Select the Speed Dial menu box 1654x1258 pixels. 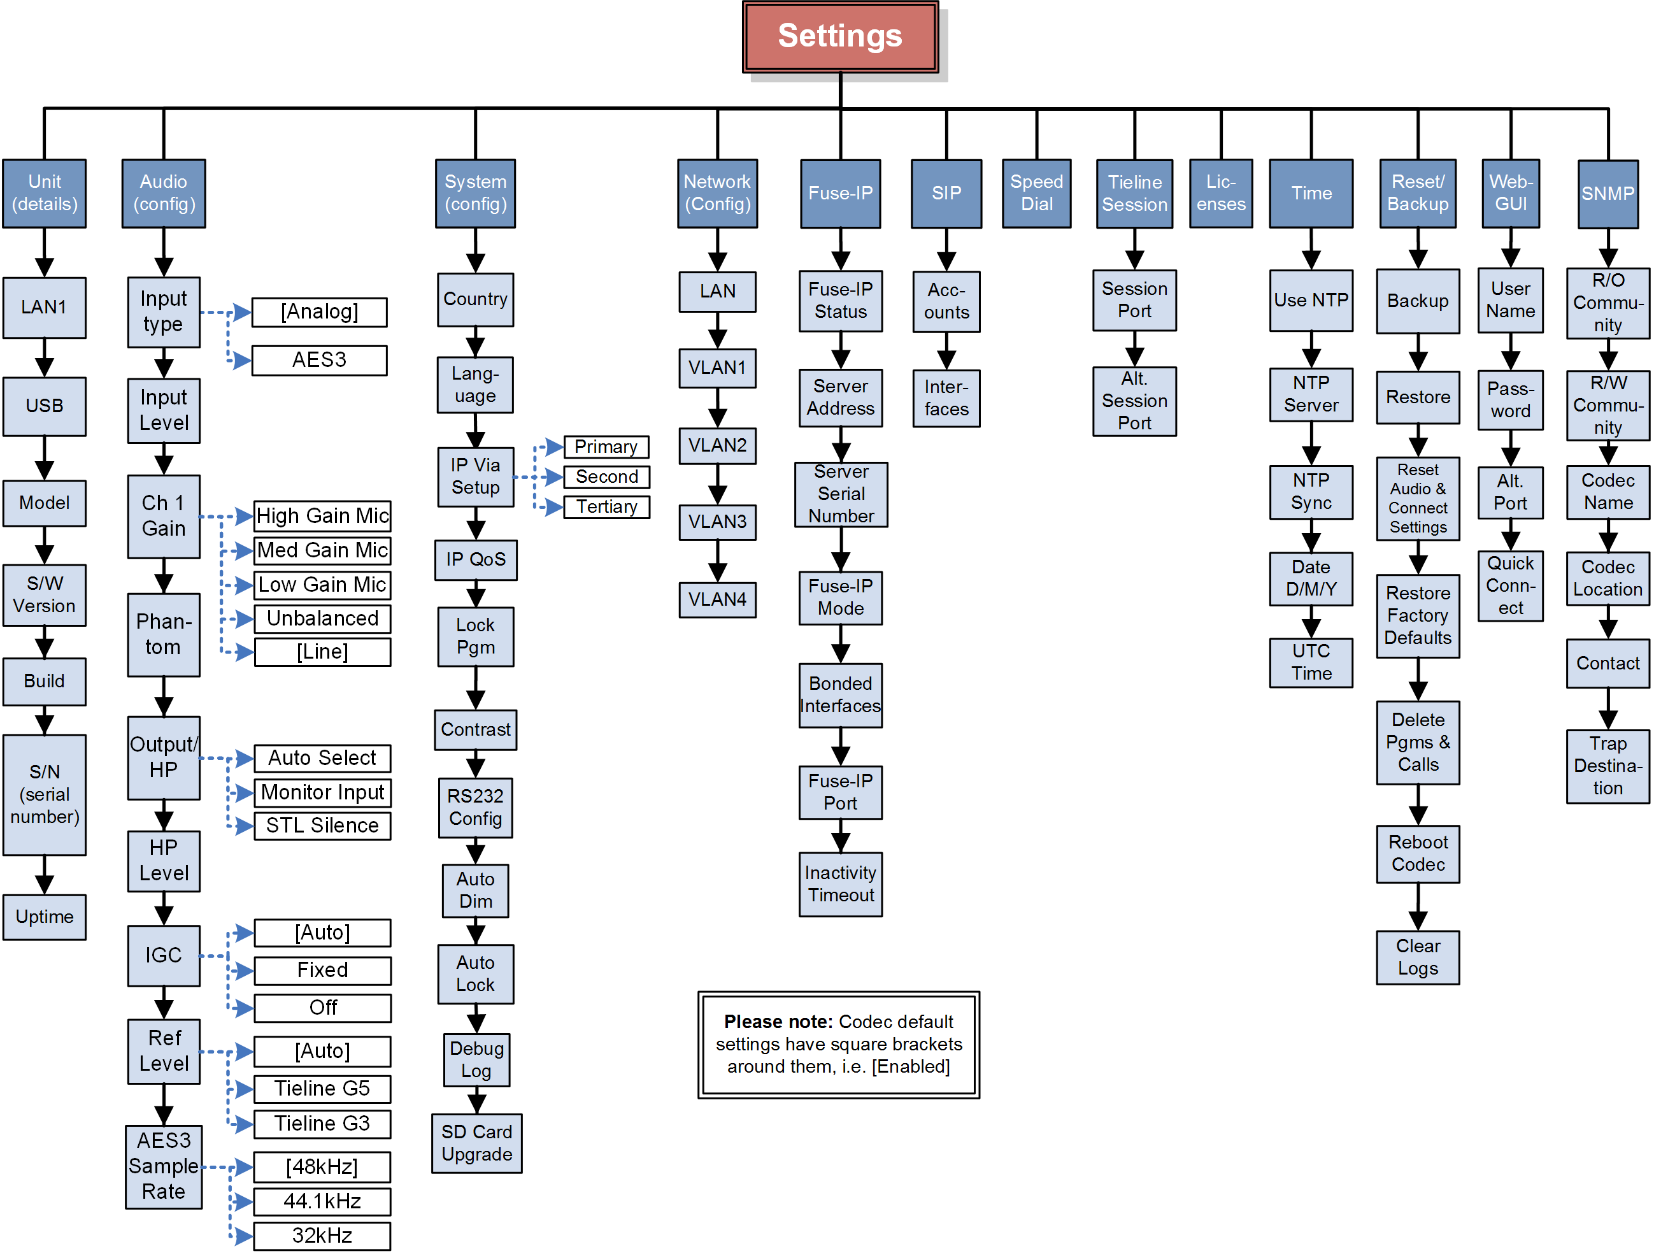tap(1036, 193)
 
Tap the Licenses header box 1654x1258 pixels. tap(1220, 193)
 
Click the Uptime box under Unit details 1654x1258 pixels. tap(44, 917)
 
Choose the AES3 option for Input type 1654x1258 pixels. tap(319, 360)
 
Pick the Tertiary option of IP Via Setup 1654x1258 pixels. tap(606, 507)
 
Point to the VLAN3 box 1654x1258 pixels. tap(717, 522)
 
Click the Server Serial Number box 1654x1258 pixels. tap(841, 494)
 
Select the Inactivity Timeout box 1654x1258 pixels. tap(840, 884)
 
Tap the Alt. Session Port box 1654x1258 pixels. tap(1134, 401)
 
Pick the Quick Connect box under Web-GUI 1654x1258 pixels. tap(1510, 586)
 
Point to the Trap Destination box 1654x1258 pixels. tap(1607, 766)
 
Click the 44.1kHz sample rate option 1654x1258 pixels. tap(322, 1202)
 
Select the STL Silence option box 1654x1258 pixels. tap(322, 826)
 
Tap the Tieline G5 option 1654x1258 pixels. tap(322, 1089)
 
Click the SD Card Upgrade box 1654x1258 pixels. tap(476, 1143)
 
